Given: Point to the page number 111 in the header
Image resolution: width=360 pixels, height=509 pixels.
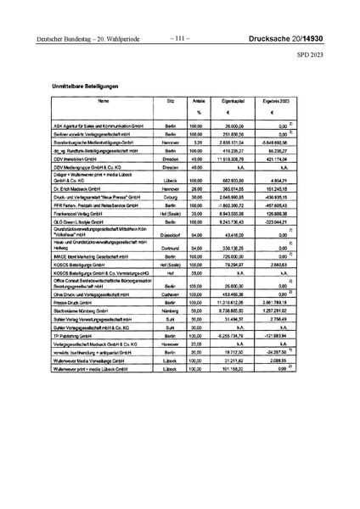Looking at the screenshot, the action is click(180, 39).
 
